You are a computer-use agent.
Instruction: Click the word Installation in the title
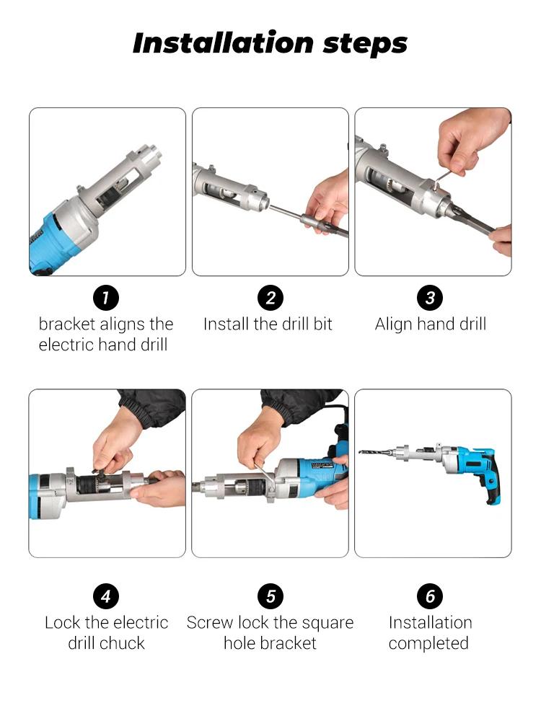pyautogui.click(x=223, y=43)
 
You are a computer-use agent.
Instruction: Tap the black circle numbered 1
pyautogui.click(x=106, y=298)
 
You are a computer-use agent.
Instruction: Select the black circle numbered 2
pyautogui.click(x=270, y=298)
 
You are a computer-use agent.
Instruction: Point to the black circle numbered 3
pyautogui.click(x=430, y=298)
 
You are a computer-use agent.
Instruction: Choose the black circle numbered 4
pyautogui.click(x=106, y=596)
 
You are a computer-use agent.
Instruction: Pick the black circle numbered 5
pyautogui.click(x=270, y=596)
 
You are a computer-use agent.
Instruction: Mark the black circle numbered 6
pyautogui.click(x=430, y=596)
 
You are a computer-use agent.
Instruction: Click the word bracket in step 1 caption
pyautogui.click(x=66, y=324)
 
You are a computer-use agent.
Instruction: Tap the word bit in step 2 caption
pyautogui.click(x=322, y=324)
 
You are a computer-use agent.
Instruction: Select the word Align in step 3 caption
pyautogui.click(x=393, y=324)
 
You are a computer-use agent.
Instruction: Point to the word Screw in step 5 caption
pyautogui.click(x=209, y=623)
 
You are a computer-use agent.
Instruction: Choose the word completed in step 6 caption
pyautogui.click(x=428, y=644)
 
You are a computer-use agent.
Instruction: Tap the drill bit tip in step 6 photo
pyautogui.click(x=361, y=452)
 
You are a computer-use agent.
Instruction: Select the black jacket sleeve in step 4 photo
pyautogui.click(x=151, y=407)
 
